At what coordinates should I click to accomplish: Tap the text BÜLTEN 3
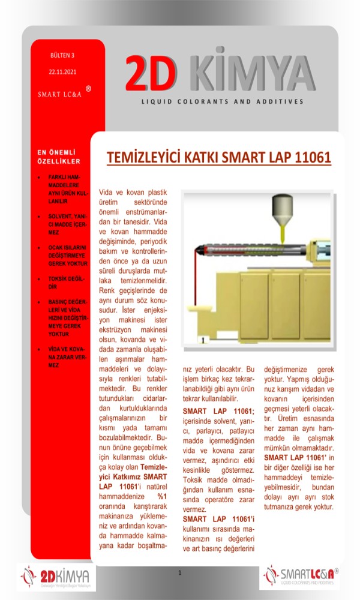point(62,55)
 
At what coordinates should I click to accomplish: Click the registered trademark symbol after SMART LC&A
point(88,89)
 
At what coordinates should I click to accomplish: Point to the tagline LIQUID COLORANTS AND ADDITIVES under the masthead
point(223,101)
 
